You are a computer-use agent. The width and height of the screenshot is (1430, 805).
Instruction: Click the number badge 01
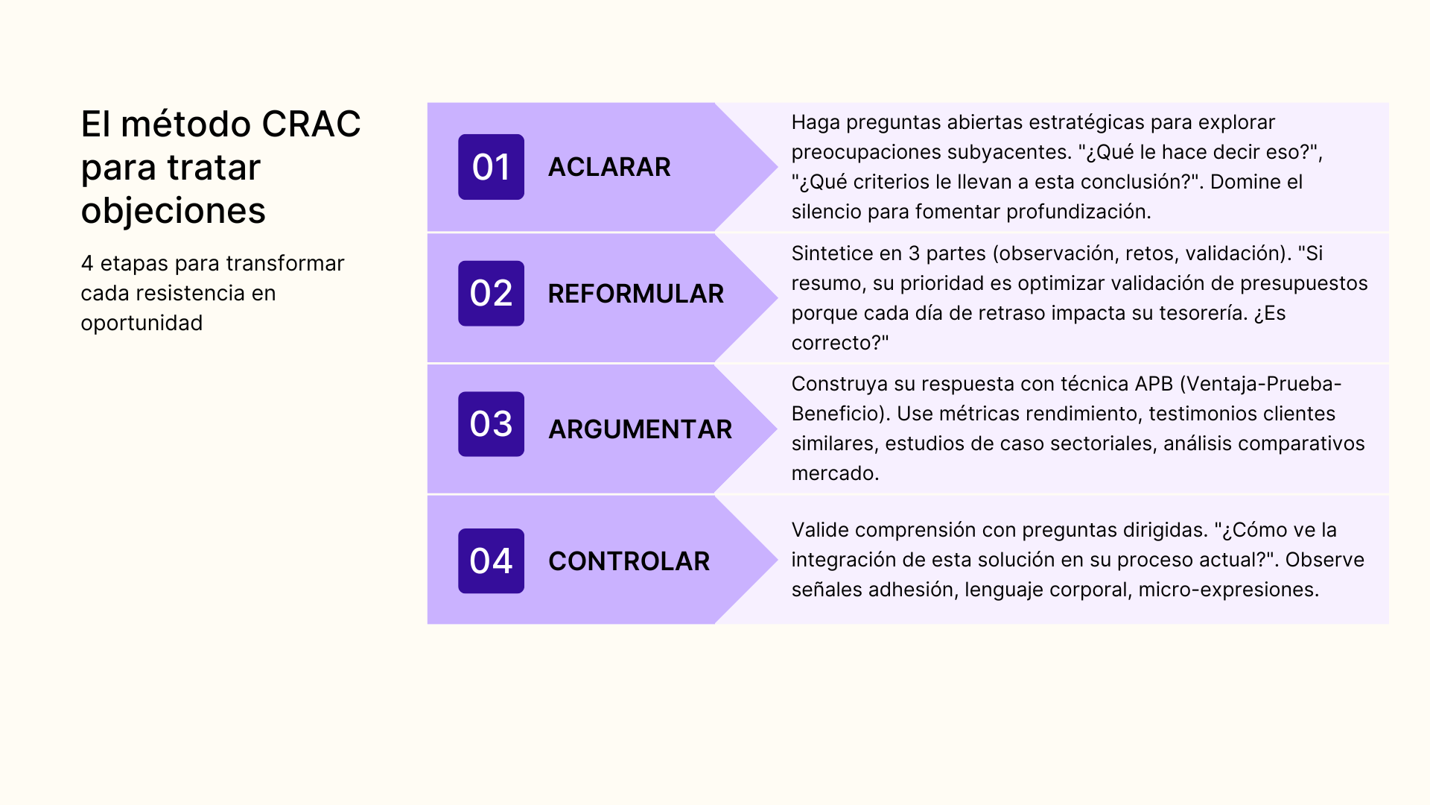[x=491, y=167]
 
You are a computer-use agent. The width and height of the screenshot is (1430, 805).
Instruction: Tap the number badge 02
[x=491, y=294]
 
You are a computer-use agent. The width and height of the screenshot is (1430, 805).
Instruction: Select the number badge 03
[x=491, y=424]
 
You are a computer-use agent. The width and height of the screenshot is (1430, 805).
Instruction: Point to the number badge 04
[x=491, y=561]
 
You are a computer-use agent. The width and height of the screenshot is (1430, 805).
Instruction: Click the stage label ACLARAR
[x=609, y=167]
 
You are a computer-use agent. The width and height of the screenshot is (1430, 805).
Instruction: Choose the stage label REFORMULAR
[x=635, y=294]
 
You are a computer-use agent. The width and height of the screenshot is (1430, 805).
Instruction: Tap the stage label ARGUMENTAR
[x=640, y=429]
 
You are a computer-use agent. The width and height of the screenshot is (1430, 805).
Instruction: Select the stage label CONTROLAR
[x=629, y=561]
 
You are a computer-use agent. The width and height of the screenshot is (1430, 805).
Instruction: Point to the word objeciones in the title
[x=173, y=211]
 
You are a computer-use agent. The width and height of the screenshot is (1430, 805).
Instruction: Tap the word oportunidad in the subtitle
[x=142, y=323]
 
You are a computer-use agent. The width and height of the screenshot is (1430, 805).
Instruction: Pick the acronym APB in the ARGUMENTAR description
[x=1154, y=384]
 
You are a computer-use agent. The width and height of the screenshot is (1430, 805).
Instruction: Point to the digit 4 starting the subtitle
[x=87, y=263]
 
